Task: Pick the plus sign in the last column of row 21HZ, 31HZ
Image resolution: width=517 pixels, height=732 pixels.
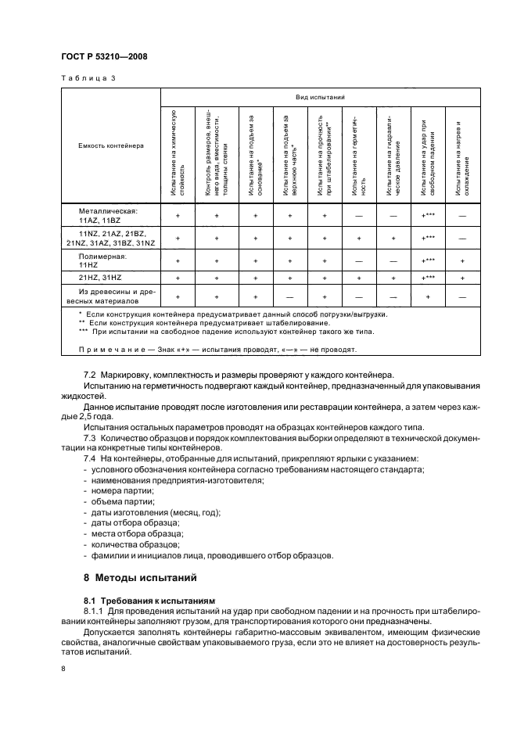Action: coord(462,278)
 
